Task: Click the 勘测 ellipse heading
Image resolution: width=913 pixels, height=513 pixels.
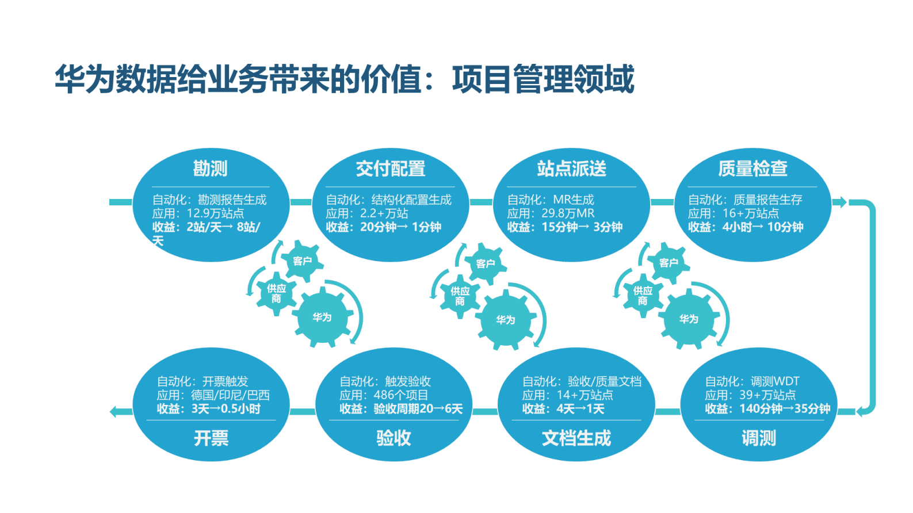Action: (210, 169)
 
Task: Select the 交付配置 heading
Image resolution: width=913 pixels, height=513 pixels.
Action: (391, 169)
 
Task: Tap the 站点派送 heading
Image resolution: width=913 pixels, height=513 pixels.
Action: (571, 169)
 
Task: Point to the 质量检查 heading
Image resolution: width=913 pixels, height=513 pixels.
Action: (752, 169)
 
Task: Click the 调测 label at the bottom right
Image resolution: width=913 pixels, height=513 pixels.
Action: (758, 438)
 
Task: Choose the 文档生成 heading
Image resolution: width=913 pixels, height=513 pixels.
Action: (576, 438)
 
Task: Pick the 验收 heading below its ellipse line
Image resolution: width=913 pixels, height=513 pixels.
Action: (394, 438)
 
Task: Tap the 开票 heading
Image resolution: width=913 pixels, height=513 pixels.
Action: (211, 438)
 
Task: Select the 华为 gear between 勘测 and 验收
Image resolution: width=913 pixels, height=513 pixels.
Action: (322, 317)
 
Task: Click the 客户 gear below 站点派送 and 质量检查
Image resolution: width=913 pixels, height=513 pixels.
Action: (668, 263)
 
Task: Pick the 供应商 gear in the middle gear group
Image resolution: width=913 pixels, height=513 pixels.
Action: (460, 296)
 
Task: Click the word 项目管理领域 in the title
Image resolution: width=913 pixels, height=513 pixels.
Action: (543, 79)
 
